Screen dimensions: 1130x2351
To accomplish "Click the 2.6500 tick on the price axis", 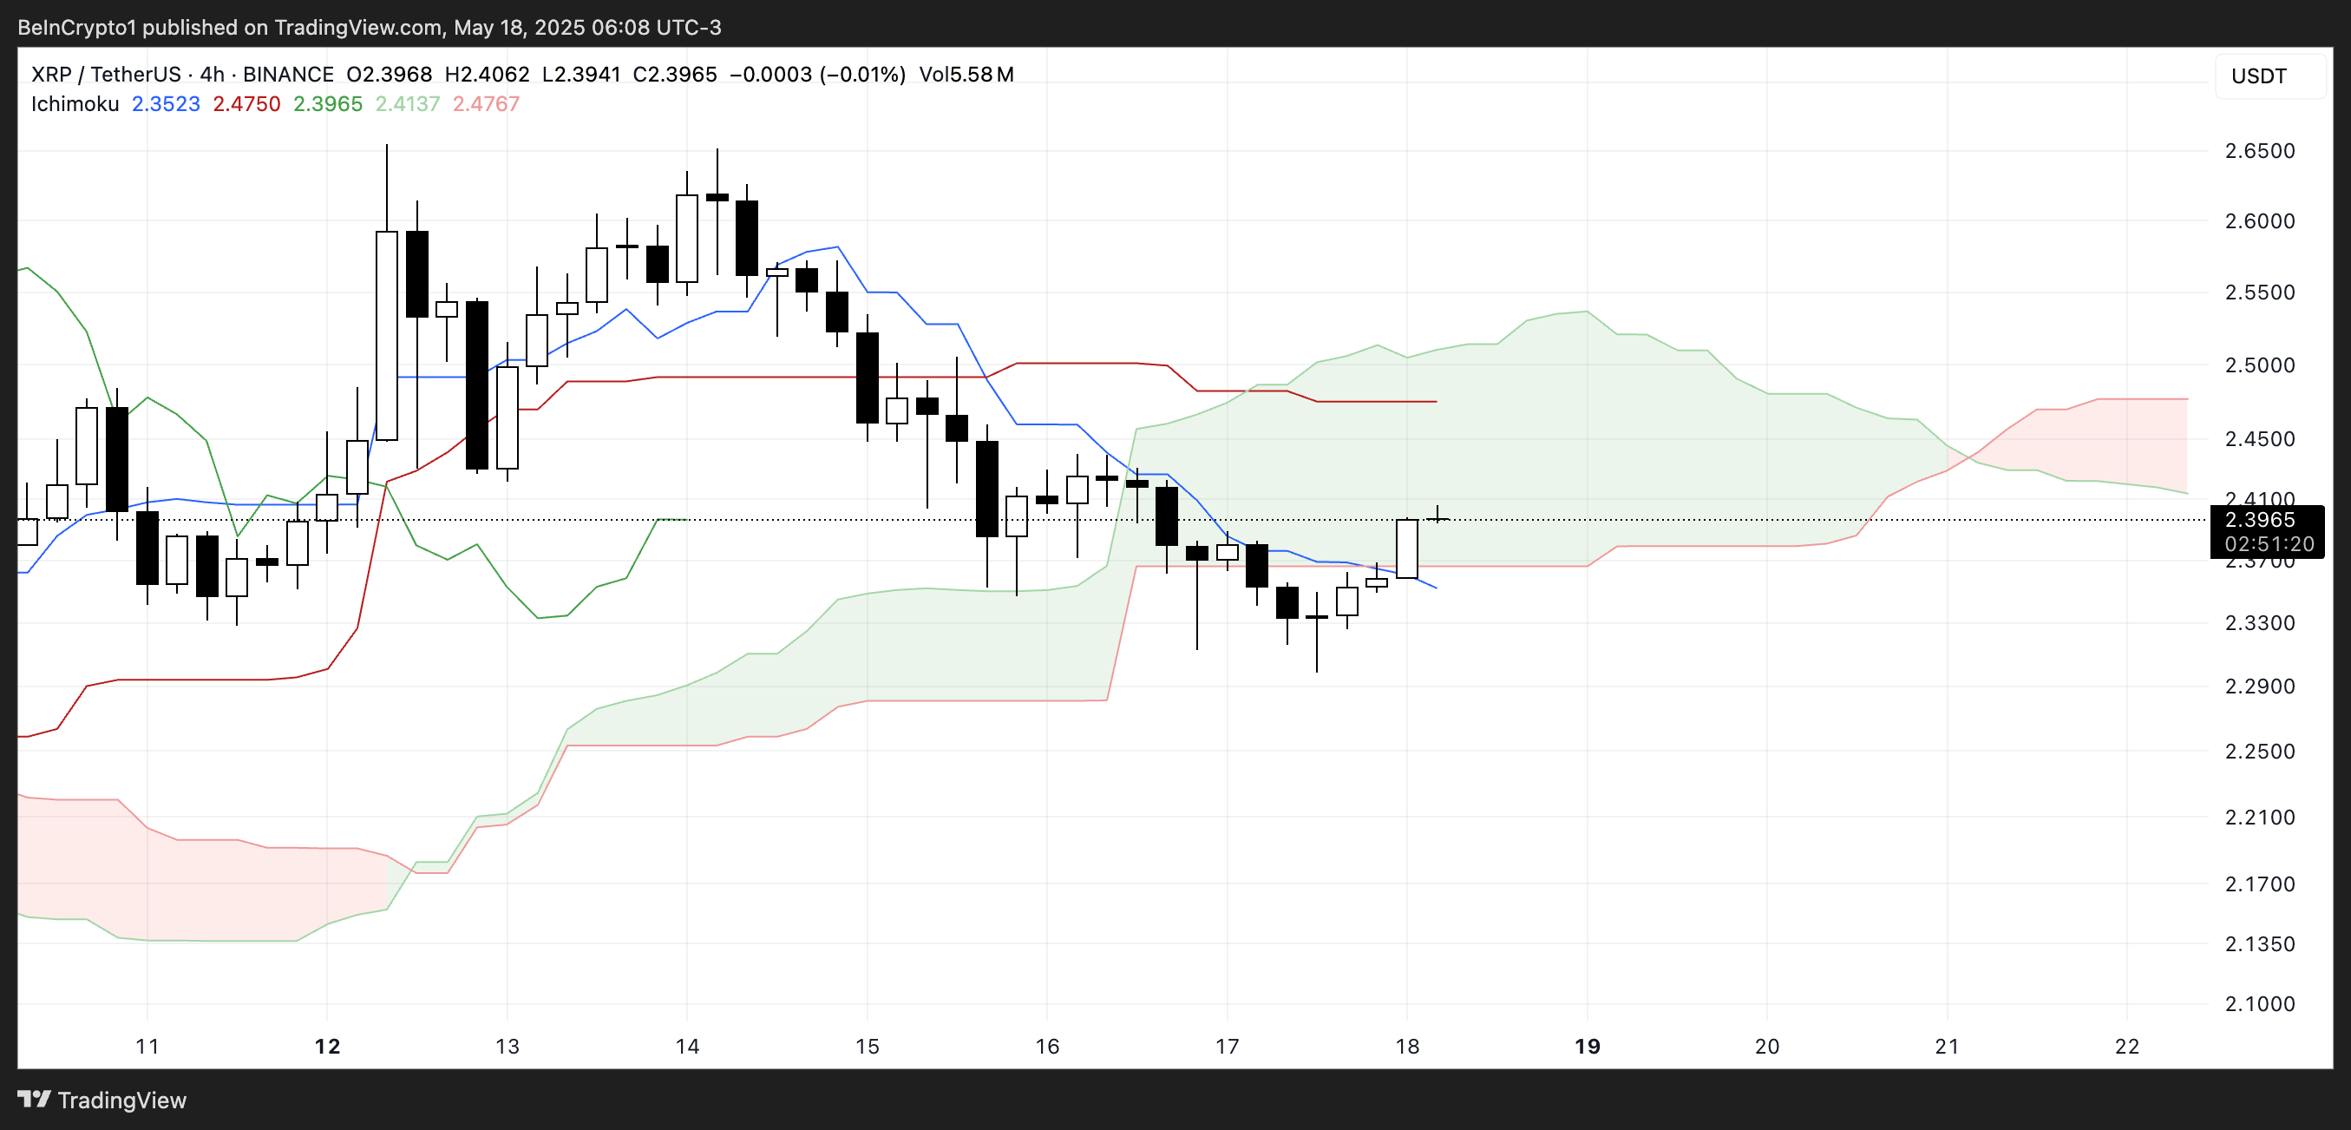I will tap(2259, 151).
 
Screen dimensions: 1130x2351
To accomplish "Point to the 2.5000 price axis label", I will tap(2259, 365).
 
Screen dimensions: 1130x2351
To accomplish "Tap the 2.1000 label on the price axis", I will tap(2259, 1004).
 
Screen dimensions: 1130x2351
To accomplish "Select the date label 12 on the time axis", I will tap(327, 1046).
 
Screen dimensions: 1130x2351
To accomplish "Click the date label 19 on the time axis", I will tap(1587, 1046).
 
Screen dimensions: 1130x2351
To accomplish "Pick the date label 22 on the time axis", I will tap(2126, 1046).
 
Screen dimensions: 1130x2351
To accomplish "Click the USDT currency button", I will tap(2259, 76).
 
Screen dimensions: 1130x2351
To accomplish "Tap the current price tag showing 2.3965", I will tap(2259, 520).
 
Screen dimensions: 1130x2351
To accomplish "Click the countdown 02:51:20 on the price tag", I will tap(2268, 544).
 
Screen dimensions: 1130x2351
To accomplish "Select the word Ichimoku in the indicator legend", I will tap(75, 104).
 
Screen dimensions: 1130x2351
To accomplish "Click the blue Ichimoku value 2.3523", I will tap(165, 104).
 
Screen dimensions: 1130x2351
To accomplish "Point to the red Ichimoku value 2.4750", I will tap(246, 104).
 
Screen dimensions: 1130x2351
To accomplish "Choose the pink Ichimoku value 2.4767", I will tap(486, 104).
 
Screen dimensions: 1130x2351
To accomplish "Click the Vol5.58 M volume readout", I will tap(966, 75).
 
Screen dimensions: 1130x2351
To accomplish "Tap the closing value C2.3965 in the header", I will tap(674, 75).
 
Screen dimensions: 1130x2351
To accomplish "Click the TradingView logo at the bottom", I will tap(102, 1100).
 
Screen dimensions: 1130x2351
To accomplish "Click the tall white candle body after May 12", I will tap(387, 336).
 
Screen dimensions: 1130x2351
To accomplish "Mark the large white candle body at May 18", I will tap(1406, 549).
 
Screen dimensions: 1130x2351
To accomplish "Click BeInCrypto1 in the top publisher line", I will tap(76, 28).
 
